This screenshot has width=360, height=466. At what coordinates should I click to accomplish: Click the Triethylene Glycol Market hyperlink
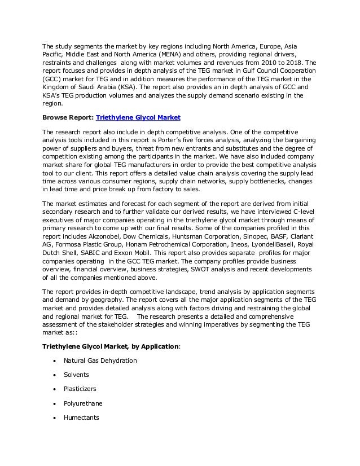click(x=138, y=117)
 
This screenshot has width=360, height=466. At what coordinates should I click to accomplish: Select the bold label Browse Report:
click(x=68, y=117)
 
